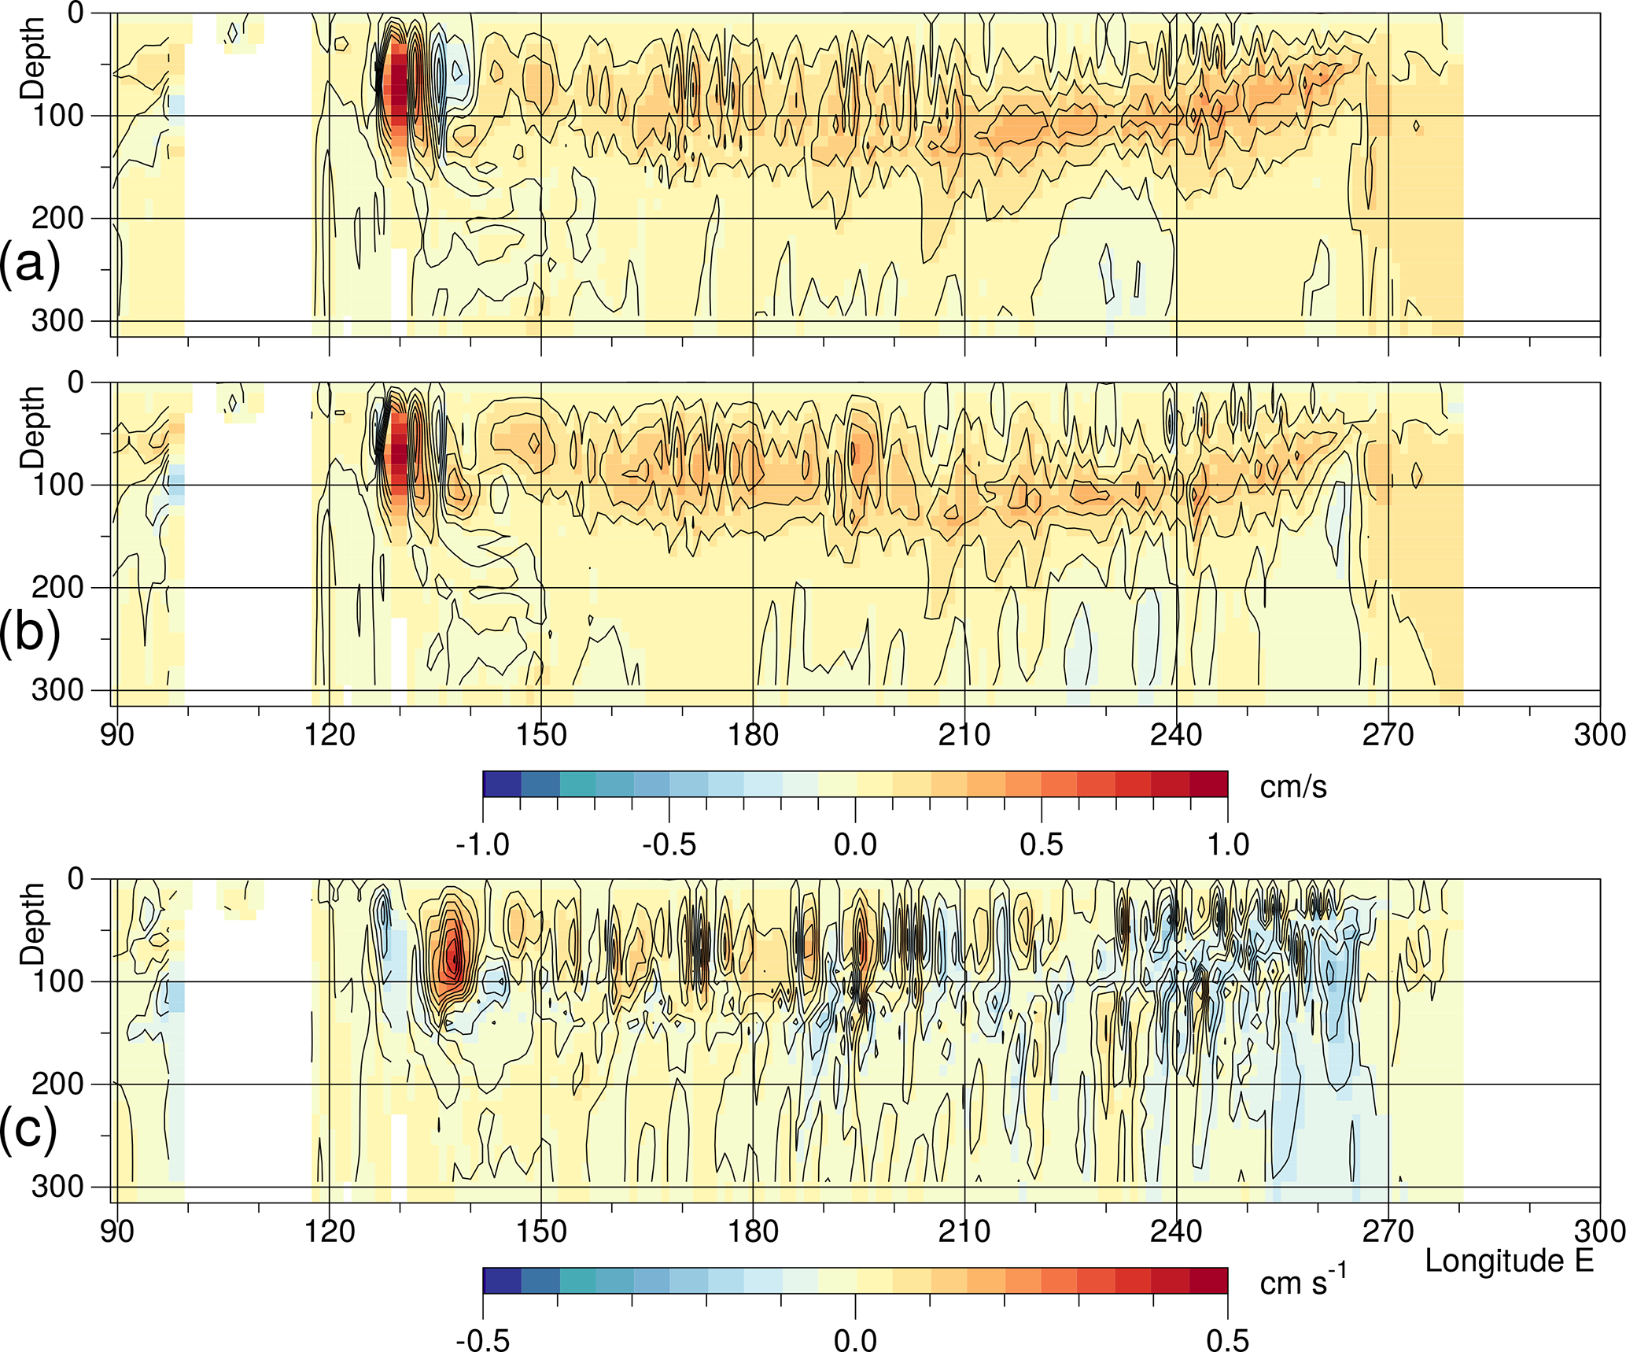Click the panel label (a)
click(29, 264)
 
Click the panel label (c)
click(29, 1130)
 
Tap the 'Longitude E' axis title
click(1509, 1261)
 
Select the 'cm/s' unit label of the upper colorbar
click(1293, 787)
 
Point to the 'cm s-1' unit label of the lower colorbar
click(1303, 1281)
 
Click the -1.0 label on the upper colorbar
click(482, 845)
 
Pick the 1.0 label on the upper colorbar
click(1228, 845)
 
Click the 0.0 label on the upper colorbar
click(855, 845)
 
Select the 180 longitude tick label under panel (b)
click(753, 735)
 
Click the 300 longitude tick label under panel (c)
click(1600, 1231)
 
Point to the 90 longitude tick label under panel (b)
click(117, 735)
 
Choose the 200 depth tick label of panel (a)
click(57, 218)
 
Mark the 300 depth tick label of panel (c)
click(57, 1187)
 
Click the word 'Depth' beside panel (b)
click(33, 427)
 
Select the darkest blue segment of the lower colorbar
click(502, 1280)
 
